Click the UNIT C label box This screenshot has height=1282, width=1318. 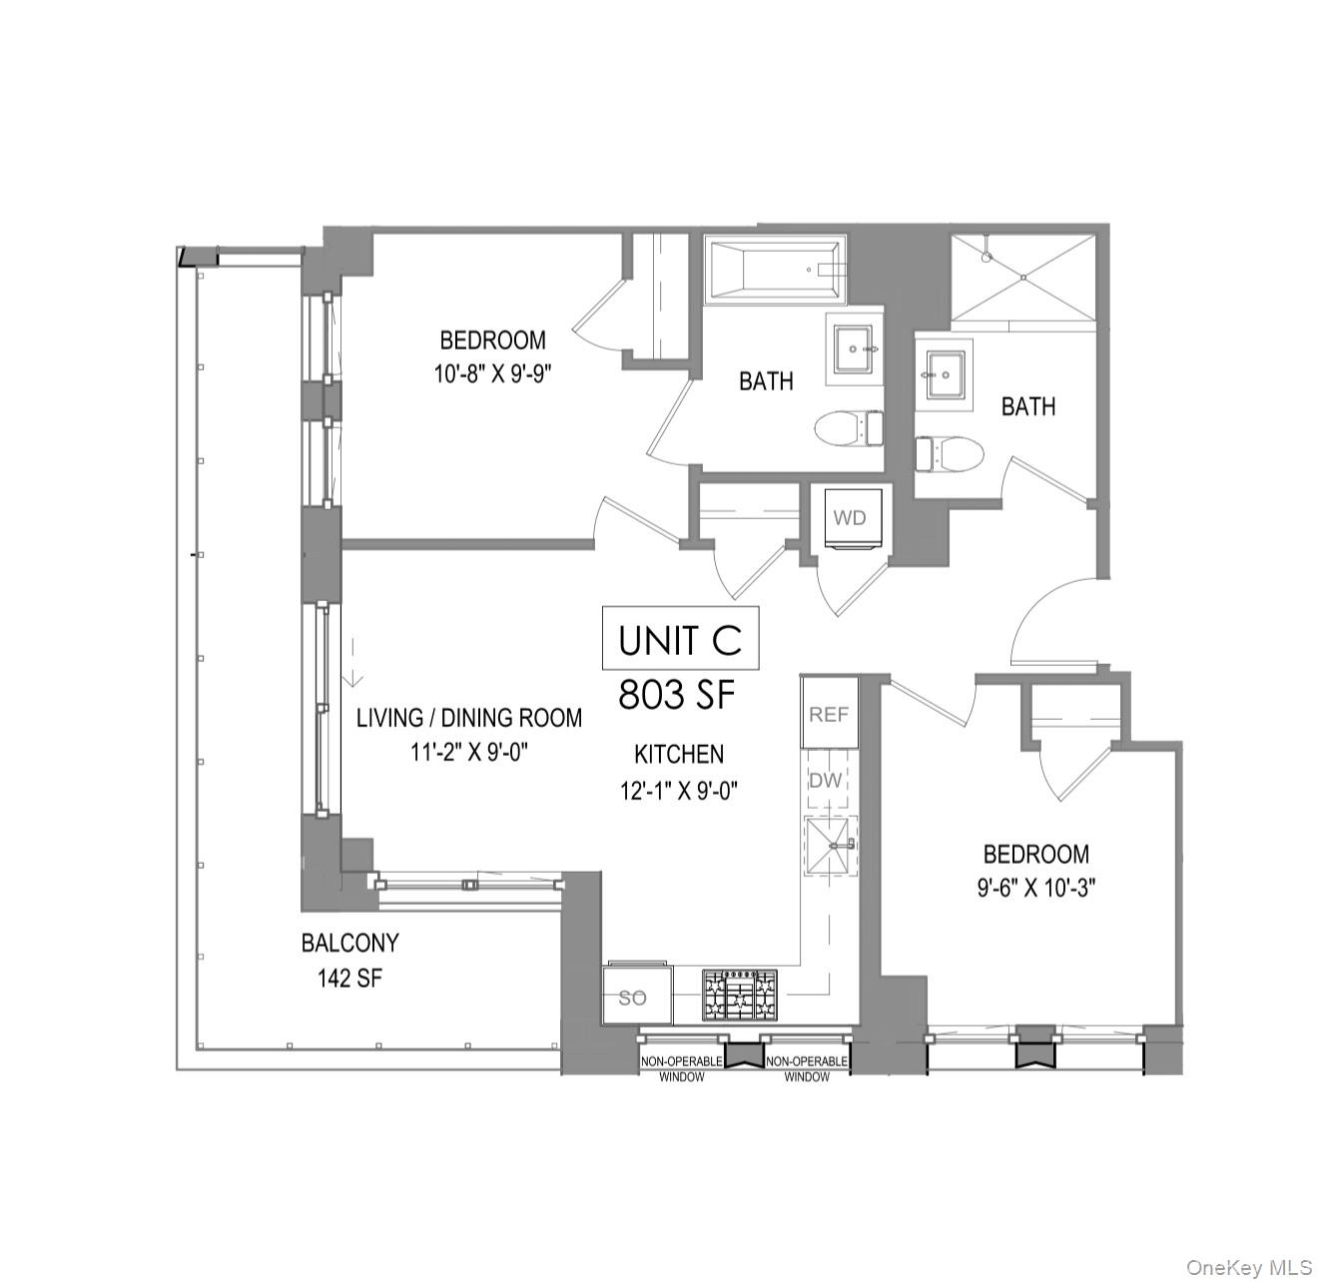[680, 639]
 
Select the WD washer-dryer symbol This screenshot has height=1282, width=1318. [850, 518]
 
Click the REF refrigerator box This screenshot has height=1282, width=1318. [829, 713]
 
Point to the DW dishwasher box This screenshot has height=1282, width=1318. [826, 781]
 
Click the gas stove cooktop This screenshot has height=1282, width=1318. [740, 995]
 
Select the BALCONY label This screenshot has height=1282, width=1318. [349, 943]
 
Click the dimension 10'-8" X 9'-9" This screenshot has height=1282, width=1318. [493, 373]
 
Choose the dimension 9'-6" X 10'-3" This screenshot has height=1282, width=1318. [1036, 888]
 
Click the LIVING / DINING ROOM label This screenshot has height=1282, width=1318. [469, 718]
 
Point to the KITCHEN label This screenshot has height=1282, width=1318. [679, 754]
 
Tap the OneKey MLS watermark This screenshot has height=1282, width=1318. [1248, 1268]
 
